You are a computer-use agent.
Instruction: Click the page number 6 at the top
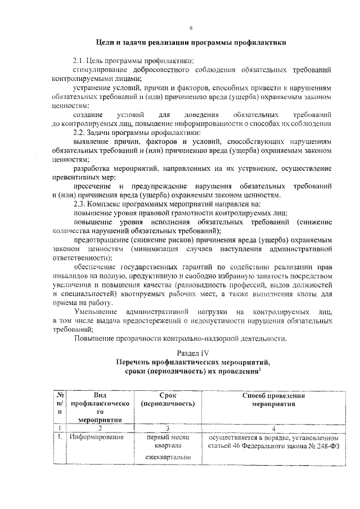point(191,28)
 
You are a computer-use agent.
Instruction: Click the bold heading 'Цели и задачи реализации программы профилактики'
point(191,42)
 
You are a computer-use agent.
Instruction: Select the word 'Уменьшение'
point(96,311)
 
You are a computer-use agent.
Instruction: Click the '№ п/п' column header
point(58,403)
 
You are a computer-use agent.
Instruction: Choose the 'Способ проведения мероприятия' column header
point(273,399)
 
